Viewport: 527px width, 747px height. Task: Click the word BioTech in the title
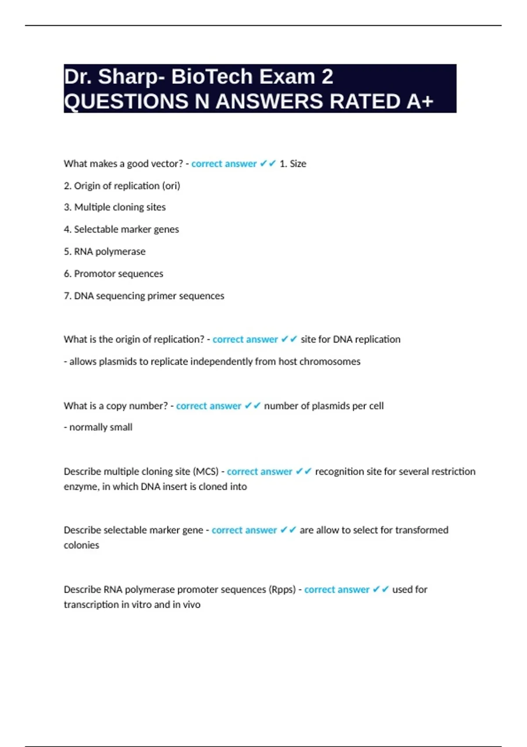(x=212, y=77)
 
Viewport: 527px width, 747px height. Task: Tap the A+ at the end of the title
(x=420, y=102)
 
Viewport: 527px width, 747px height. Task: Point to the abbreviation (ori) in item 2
(x=171, y=186)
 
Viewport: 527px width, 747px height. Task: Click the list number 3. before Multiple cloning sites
(x=68, y=207)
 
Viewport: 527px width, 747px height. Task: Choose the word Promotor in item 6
(x=95, y=274)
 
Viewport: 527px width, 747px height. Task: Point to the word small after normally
(x=121, y=427)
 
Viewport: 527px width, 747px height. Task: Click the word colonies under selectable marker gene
(x=81, y=545)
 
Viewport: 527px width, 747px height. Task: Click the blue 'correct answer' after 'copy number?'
(x=209, y=406)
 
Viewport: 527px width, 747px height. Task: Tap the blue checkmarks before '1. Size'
(x=268, y=164)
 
